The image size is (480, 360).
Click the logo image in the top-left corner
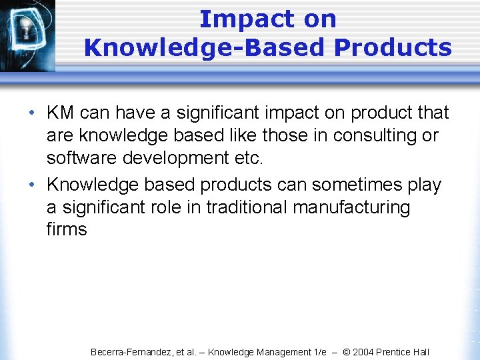click(27, 33)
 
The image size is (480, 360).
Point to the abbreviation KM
click(61, 113)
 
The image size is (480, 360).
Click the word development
click(177, 158)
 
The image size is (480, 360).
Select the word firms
click(67, 230)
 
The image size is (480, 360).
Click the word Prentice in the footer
click(397, 352)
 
